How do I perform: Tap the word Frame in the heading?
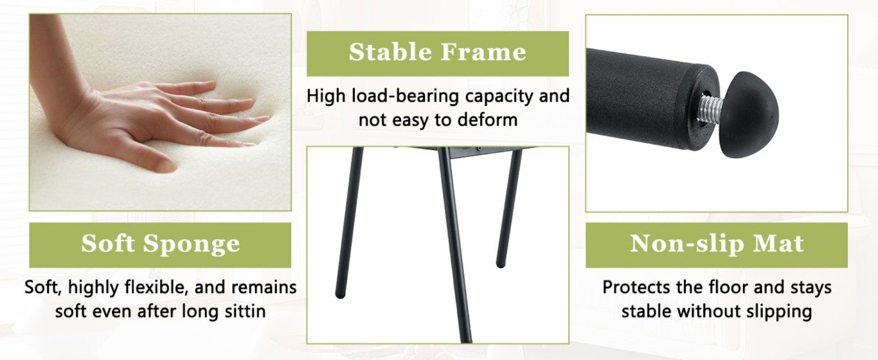[483, 52]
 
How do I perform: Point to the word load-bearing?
[405, 96]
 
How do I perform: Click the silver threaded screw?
[712, 108]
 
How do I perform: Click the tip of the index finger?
[269, 118]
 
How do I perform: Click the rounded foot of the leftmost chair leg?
[340, 294]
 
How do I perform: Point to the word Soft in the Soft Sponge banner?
[107, 244]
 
